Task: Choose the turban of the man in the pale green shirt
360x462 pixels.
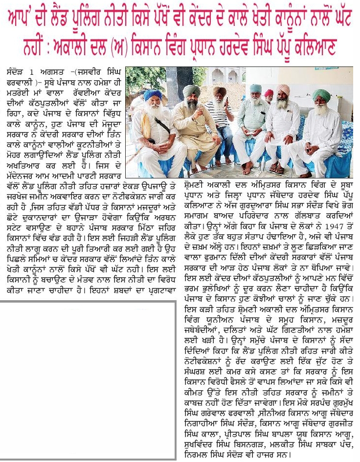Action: tap(255, 88)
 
